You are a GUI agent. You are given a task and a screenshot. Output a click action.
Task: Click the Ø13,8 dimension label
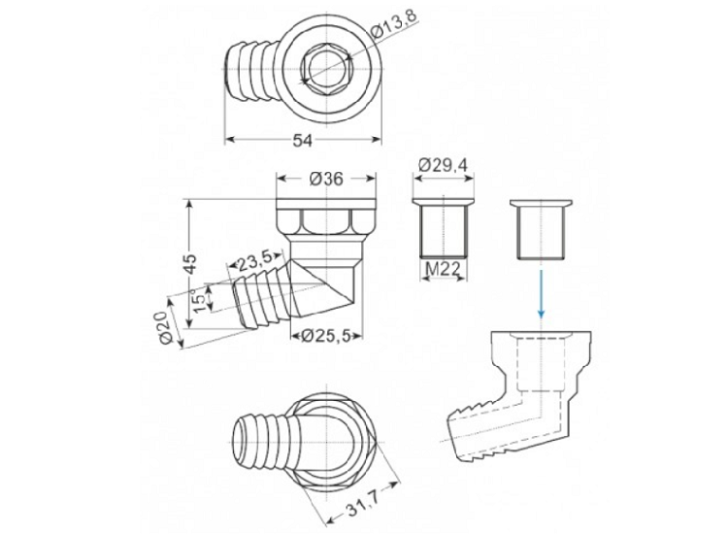(x=395, y=25)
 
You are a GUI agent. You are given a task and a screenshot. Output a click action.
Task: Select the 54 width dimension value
(x=303, y=140)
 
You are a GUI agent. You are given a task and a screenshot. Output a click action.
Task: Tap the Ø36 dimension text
(x=326, y=179)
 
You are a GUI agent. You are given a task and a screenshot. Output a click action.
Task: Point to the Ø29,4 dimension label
(x=443, y=165)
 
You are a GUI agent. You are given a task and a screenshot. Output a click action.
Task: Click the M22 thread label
(x=443, y=269)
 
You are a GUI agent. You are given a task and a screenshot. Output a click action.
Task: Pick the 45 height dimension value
(x=190, y=264)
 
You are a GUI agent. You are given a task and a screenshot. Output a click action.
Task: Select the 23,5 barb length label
(x=254, y=264)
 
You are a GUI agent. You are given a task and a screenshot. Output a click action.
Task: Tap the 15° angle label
(x=198, y=300)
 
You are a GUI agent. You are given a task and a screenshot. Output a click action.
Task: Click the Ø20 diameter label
(x=166, y=327)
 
